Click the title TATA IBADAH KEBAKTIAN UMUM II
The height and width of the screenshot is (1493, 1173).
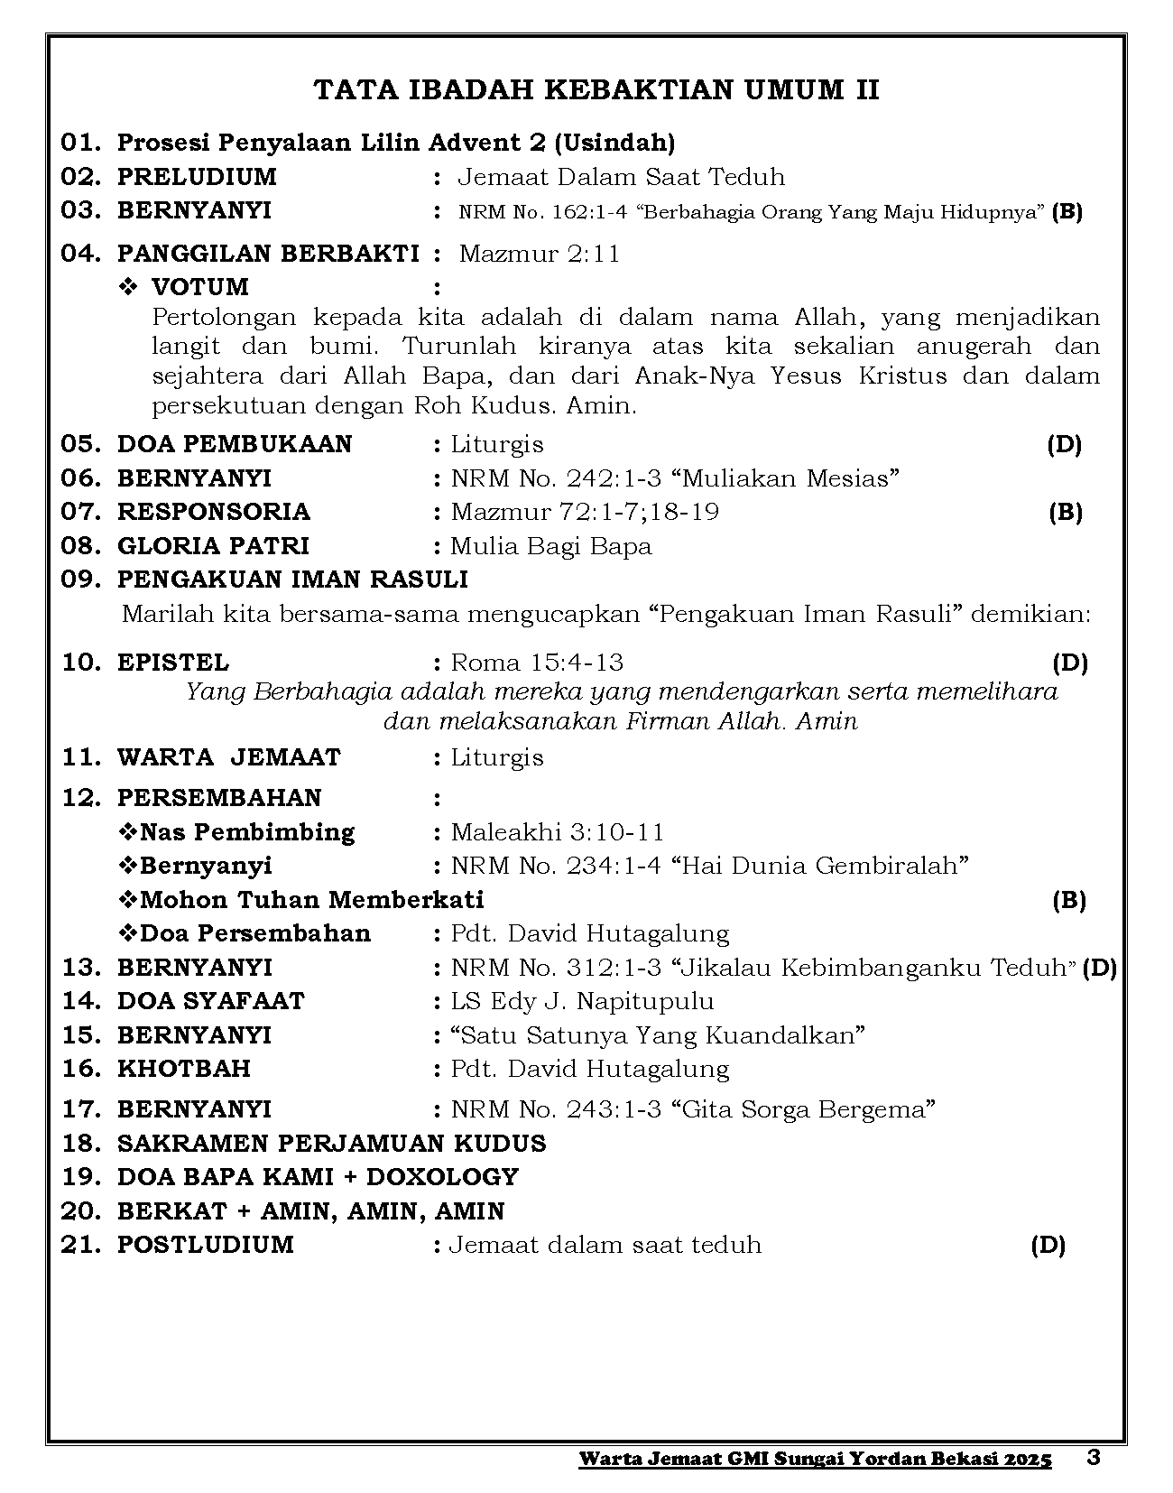(596, 90)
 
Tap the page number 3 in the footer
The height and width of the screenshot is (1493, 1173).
(1094, 1458)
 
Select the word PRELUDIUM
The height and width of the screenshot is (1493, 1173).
(197, 177)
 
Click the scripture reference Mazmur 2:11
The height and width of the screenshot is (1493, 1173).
(540, 254)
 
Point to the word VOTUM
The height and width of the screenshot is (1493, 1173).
(199, 287)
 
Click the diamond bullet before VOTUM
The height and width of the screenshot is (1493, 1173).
(128, 287)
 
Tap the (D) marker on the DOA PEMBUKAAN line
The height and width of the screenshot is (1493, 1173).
(1065, 444)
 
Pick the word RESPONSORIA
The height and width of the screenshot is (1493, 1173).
(214, 512)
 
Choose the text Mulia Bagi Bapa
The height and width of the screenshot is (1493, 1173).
(550, 546)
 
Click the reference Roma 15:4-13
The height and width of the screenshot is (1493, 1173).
(537, 663)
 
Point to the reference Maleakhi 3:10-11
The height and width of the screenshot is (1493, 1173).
(558, 832)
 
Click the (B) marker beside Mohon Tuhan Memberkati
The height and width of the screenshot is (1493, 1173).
(1069, 900)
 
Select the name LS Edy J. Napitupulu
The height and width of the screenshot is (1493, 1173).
(582, 1001)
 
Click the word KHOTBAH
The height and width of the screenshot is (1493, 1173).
(184, 1069)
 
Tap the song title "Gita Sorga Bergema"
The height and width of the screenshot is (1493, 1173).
(804, 1109)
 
